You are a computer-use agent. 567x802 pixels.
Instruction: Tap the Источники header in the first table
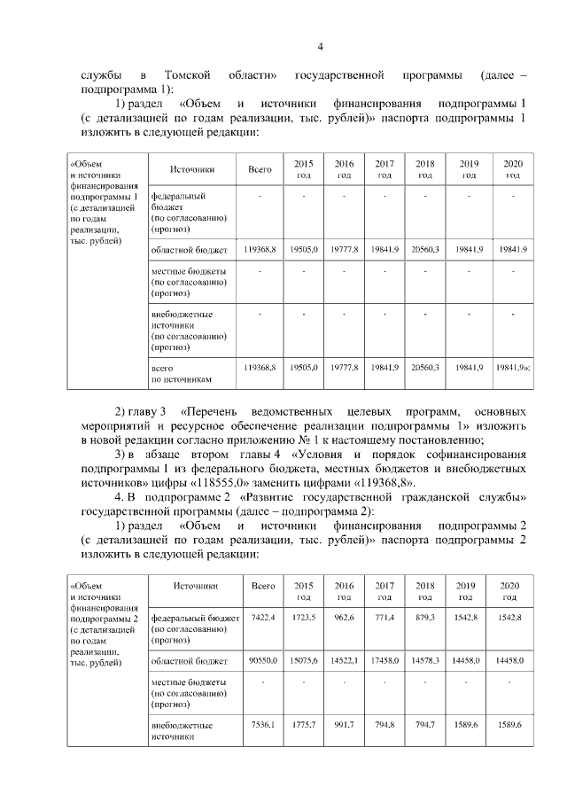(x=191, y=169)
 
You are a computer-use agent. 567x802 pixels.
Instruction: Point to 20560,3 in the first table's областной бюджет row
(x=425, y=250)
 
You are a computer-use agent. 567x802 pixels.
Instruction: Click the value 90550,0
(x=263, y=660)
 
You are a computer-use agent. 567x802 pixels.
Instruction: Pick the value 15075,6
(x=304, y=660)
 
